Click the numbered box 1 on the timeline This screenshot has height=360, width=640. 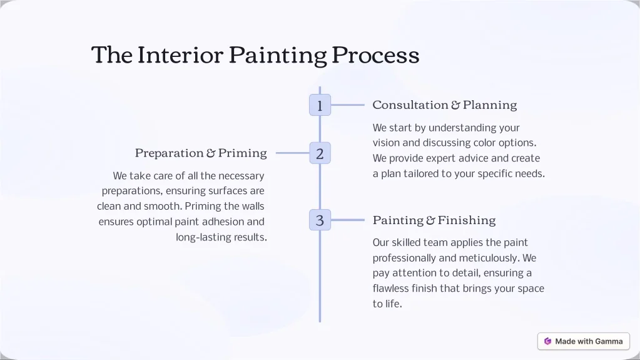(320, 105)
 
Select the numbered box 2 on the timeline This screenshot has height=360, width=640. (320, 153)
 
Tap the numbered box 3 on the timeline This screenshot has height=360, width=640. (320, 220)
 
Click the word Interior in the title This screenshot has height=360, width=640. (180, 54)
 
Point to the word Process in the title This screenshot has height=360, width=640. (375, 54)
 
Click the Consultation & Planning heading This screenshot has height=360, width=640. (444, 105)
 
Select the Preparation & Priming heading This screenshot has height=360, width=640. (201, 153)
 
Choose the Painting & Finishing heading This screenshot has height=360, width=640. (434, 220)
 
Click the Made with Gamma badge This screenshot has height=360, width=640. (584, 341)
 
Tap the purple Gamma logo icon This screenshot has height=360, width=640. (548, 341)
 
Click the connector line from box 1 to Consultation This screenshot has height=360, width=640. (348, 105)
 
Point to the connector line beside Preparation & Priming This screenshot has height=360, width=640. (293, 153)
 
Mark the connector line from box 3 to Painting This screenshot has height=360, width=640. (348, 220)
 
